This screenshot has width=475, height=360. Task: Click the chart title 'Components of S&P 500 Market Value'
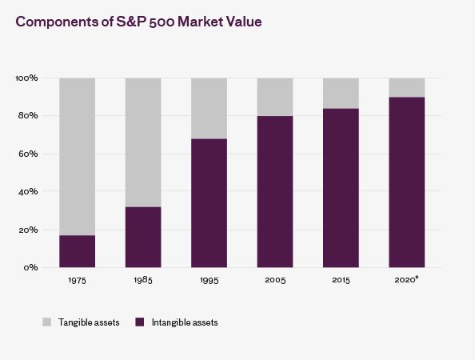[138, 22]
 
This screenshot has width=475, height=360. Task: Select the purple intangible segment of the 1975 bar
[78, 251]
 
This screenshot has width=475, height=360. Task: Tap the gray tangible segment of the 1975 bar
[78, 156]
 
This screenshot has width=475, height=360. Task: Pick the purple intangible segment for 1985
[143, 238]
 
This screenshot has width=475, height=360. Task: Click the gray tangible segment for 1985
[143, 142]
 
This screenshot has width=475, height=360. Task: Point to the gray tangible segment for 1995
[209, 109]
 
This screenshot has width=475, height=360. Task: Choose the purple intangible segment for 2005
[275, 191]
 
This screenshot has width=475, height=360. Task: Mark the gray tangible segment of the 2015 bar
[341, 93]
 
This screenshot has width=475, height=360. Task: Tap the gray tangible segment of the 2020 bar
[407, 87]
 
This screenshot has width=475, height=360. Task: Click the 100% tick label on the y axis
[27, 78]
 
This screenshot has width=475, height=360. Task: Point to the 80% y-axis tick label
[28, 116]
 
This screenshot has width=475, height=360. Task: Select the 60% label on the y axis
[28, 154]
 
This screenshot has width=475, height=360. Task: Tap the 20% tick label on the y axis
[28, 230]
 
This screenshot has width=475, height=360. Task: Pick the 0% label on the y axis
[31, 267]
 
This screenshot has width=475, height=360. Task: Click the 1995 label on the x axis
[209, 280]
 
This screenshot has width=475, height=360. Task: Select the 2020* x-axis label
[406, 279]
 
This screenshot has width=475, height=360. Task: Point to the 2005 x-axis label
[275, 280]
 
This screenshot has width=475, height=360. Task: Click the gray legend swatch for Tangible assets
[47, 322]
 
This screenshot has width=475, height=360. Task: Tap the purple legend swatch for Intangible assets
[140, 322]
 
